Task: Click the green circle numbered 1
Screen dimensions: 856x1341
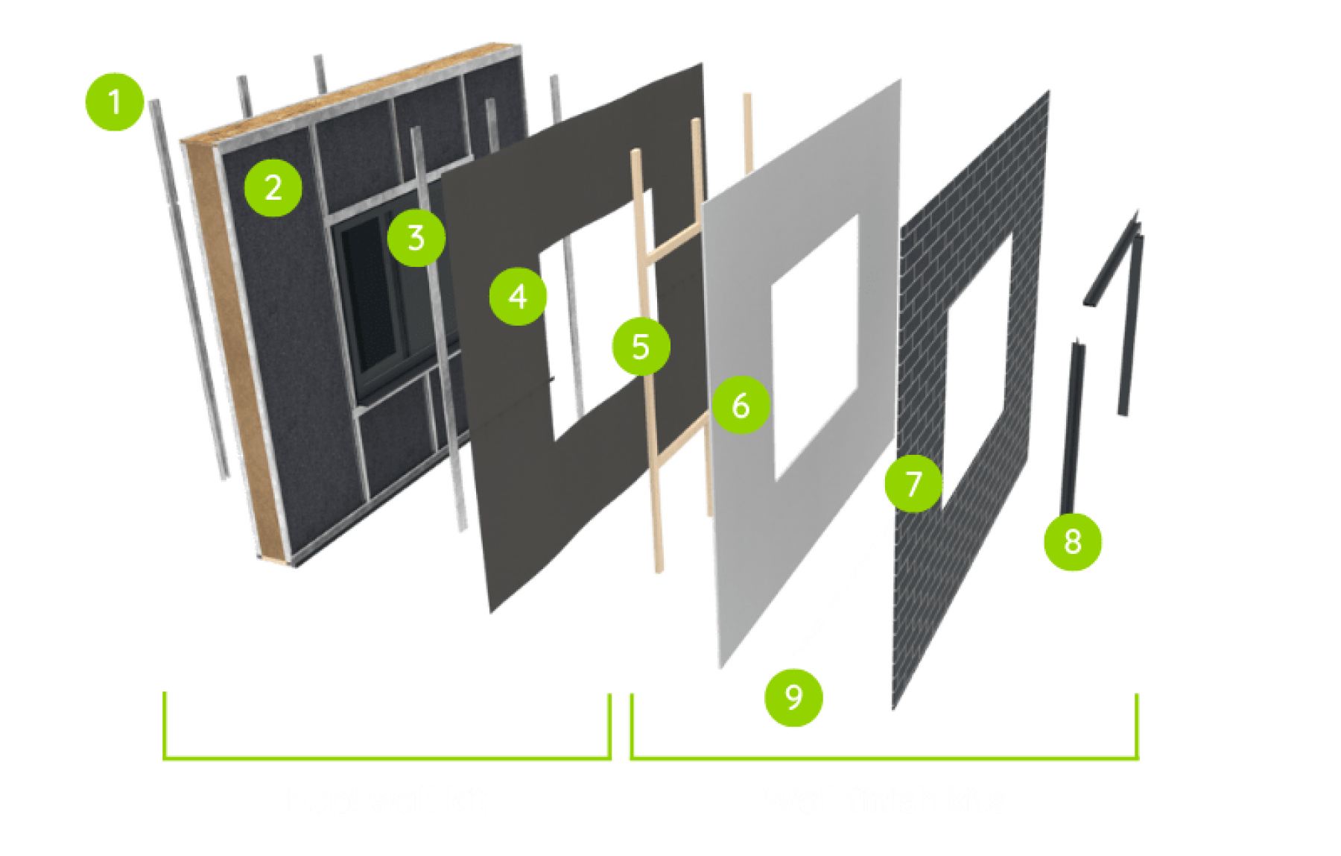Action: click(x=115, y=102)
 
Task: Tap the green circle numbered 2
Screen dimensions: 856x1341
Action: click(x=273, y=187)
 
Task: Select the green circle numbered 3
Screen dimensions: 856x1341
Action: click(x=416, y=238)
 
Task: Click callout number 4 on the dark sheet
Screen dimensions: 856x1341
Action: click(x=519, y=297)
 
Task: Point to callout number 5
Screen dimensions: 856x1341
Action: click(x=640, y=347)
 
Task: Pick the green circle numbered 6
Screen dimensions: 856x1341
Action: click(x=741, y=406)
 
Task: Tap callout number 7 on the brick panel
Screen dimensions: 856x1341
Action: click(x=913, y=484)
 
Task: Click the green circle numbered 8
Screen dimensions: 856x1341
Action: click(x=1072, y=542)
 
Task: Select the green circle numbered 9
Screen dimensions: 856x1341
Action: click(x=793, y=696)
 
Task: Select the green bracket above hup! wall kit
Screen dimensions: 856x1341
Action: click(x=387, y=758)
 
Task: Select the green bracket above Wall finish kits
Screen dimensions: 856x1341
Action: click(x=884, y=758)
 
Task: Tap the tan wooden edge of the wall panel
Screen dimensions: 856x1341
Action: click(x=223, y=350)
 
